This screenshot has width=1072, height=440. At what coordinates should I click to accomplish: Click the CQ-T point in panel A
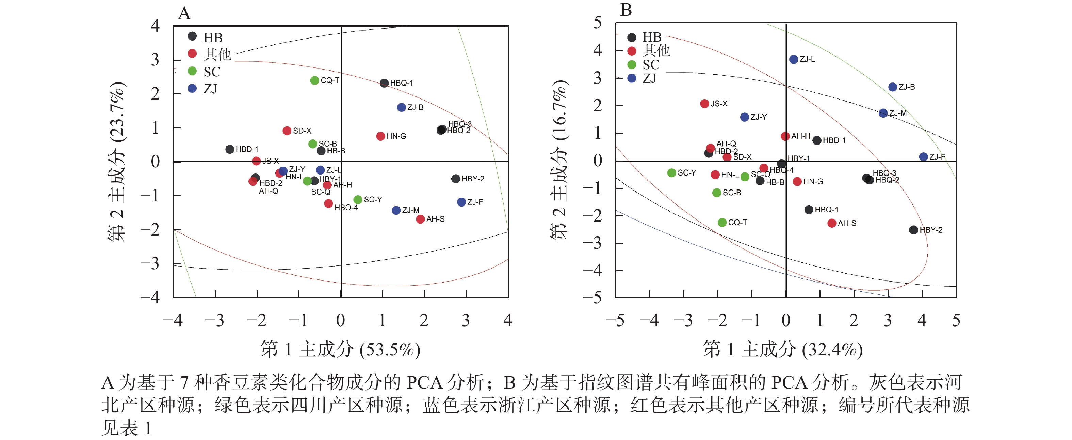click(x=314, y=80)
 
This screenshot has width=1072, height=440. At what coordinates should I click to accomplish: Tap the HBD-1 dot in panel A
click(x=230, y=149)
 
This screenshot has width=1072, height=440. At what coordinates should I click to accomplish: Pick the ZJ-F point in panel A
click(x=461, y=202)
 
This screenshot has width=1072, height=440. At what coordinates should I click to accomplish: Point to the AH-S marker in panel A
click(x=420, y=219)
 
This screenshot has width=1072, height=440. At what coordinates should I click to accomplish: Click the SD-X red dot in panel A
click(x=287, y=131)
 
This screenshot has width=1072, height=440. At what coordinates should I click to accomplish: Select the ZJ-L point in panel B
click(x=794, y=60)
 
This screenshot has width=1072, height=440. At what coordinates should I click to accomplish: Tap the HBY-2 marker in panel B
click(x=913, y=230)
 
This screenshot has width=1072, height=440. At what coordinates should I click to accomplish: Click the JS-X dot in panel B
click(x=704, y=104)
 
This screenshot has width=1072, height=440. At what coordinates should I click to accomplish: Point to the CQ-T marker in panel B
click(x=722, y=223)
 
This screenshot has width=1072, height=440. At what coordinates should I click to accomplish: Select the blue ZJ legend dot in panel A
click(x=192, y=88)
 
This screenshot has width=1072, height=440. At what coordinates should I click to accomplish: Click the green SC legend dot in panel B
click(x=632, y=64)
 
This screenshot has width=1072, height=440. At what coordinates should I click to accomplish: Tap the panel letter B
click(x=626, y=10)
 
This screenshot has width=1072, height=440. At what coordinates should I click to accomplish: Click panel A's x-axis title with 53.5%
click(x=340, y=349)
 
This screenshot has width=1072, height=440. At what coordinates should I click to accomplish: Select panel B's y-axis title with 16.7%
click(x=559, y=161)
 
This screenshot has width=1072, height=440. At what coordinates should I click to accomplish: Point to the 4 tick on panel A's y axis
click(x=155, y=26)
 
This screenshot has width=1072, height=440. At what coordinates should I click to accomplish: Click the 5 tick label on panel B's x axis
click(x=956, y=320)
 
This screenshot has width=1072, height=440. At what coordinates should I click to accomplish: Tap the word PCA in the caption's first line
click(x=424, y=382)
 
